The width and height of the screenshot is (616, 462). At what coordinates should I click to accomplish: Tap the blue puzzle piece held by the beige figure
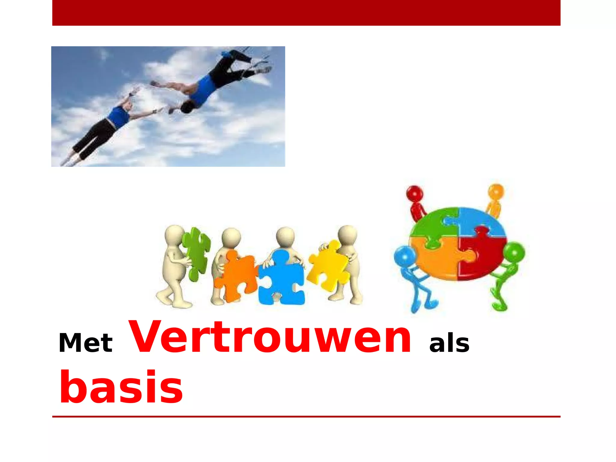click(x=281, y=278)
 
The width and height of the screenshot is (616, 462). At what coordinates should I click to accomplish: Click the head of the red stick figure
click(x=414, y=193)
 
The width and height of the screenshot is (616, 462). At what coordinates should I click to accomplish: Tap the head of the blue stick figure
click(x=405, y=257)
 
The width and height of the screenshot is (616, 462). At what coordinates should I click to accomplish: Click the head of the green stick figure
click(x=514, y=253)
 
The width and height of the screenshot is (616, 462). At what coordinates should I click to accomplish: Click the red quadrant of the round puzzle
click(x=481, y=256)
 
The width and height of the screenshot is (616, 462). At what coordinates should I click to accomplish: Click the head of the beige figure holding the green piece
click(x=174, y=235)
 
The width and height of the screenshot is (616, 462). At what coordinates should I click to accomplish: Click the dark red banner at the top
click(x=306, y=13)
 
